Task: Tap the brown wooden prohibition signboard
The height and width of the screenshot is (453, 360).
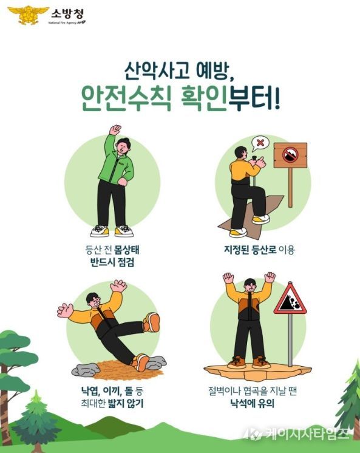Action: point(290,155)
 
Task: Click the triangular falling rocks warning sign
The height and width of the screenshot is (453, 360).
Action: point(290,300)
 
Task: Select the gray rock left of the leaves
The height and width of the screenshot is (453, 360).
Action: point(85,369)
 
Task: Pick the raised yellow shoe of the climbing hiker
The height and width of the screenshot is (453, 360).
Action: point(260,219)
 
